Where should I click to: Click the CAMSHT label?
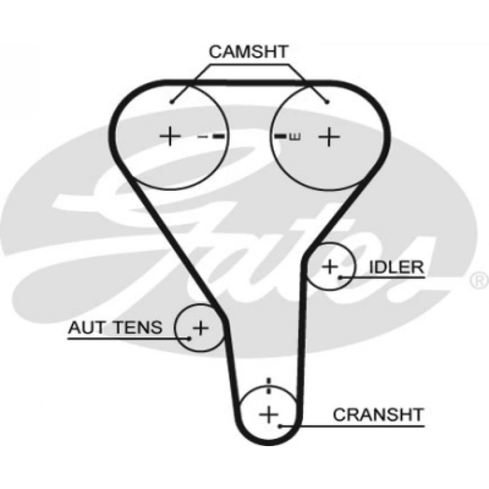[x=248, y=52]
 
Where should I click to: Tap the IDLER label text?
[x=396, y=267]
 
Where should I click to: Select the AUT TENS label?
[x=115, y=328]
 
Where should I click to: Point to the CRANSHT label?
[x=378, y=415]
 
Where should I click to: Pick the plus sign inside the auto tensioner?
[x=200, y=328]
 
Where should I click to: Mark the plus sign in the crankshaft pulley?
[x=268, y=415]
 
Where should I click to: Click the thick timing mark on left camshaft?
[x=218, y=136]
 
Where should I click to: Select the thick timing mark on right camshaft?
[x=280, y=136]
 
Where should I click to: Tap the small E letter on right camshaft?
[x=295, y=136]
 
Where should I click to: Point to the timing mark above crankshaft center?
[x=268, y=387]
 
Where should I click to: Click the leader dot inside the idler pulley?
[x=341, y=278]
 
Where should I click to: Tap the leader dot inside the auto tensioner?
[x=190, y=337]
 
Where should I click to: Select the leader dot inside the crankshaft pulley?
[x=280, y=425]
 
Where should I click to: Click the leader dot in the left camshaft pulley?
[x=171, y=102]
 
